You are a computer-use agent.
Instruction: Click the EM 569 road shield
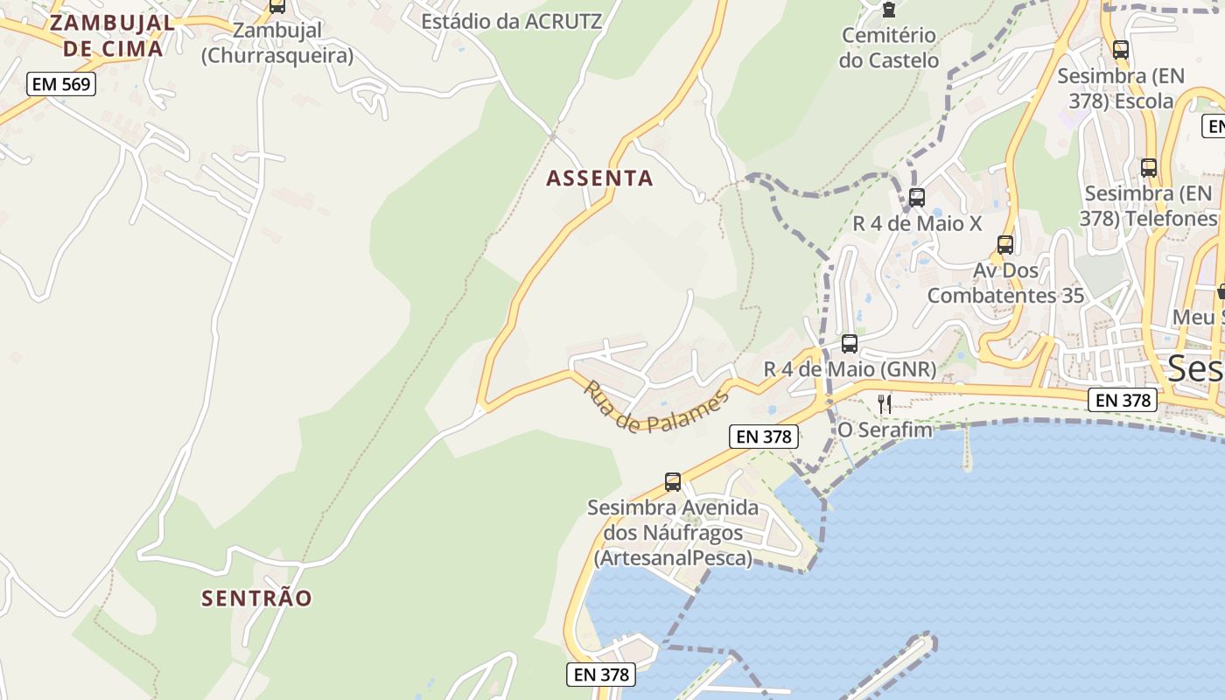click(60, 84)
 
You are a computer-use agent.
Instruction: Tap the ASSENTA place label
click(599, 178)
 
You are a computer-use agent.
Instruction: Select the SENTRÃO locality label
click(256, 598)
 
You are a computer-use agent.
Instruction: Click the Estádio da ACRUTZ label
click(512, 22)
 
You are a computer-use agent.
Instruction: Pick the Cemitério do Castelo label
click(888, 48)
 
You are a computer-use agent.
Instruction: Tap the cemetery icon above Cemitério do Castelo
click(889, 10)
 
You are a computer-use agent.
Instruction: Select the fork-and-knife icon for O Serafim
click(885, 403)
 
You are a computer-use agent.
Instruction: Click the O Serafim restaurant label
click(885, 430)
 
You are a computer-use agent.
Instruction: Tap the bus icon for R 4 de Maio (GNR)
click(849, 344)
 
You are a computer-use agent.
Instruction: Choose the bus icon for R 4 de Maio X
click(916, 198)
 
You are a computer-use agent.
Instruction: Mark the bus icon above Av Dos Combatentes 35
click(1004, 245)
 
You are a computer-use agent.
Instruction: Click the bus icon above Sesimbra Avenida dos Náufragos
click(672, 481)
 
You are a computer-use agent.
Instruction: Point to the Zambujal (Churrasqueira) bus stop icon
click(276, 6)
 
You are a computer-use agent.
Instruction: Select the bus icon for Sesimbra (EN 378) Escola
click(1120, 50)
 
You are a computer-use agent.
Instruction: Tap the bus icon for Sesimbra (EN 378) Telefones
click(1148, 167)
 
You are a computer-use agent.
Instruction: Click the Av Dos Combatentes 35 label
click(1005, 283)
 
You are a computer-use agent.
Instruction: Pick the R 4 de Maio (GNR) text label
click(850, 369)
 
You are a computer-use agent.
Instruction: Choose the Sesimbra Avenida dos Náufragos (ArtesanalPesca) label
click(672, 533)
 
